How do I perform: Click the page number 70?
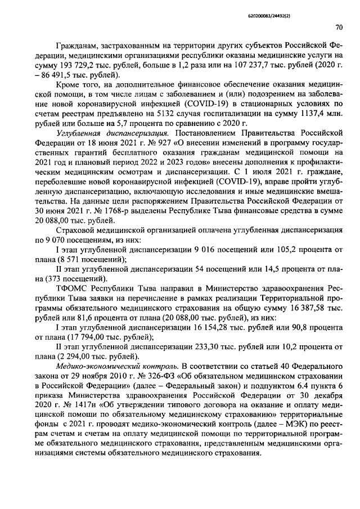[x=339, y=26]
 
